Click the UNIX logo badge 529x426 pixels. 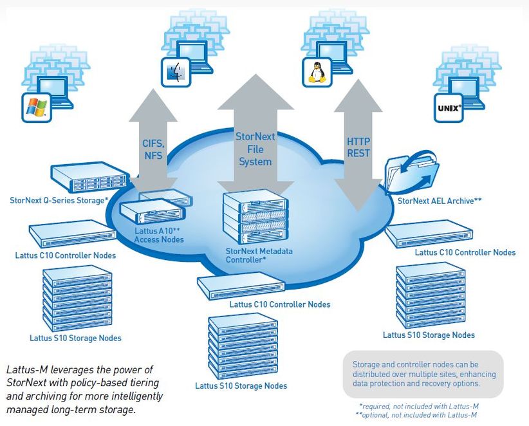point(448,108)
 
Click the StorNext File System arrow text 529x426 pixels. point(255,149)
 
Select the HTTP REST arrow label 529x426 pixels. point(358,146)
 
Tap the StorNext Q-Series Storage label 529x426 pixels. point(59,201)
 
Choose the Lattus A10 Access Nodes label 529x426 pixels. point(158,235)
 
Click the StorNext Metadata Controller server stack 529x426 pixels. point(255,219)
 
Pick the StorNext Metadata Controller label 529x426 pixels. point(259,255)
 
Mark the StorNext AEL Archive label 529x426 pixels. point(440,201)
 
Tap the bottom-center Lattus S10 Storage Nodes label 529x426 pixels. point(241,386)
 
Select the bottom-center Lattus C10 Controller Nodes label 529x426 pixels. point(279,304)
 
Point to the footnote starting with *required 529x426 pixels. point(418,406)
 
